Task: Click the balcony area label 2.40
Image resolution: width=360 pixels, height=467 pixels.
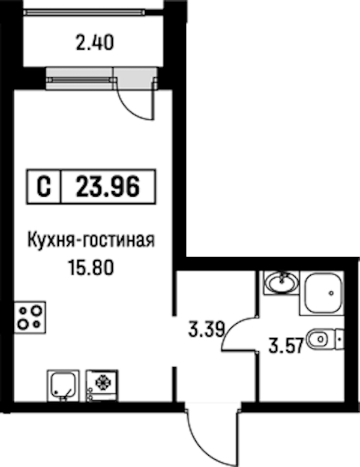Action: (95, 43)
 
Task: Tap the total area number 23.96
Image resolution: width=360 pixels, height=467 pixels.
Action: (107, 187)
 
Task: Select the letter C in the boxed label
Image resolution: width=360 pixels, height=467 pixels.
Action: (44, 187)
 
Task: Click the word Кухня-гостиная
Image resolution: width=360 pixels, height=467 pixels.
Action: (91, 240)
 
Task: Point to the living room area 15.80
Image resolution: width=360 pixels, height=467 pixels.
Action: (91, 267)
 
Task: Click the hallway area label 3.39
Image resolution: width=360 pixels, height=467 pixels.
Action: (206, 330)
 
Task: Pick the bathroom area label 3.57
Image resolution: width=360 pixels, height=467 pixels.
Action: (286, 345)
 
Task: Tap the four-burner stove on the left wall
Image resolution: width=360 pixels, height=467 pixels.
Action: (30, 318)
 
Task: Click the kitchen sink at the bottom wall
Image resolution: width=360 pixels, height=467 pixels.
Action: (63, 385)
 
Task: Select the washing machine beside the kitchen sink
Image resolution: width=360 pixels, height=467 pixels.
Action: (102, 385)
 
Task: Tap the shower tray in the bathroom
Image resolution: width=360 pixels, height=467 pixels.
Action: (322, 293)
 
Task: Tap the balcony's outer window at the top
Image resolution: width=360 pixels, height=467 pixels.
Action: (85, 12)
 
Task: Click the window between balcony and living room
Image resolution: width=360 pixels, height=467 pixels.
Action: (81, 80)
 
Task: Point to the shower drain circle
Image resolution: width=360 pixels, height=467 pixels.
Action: (331, 293)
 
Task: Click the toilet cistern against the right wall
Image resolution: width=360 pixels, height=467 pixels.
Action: (340, 339)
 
